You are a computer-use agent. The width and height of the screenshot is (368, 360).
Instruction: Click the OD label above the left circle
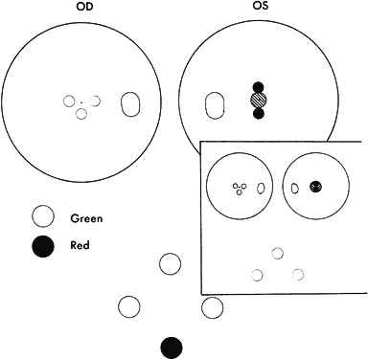click(84, 7)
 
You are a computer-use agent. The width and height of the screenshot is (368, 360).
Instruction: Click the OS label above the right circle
click(259, 6)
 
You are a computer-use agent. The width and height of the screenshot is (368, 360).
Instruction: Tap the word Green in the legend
click(86, 218)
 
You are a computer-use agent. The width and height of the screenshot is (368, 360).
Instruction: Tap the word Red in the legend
click(80, 245)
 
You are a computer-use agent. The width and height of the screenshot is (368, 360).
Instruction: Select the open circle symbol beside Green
click(43, 216)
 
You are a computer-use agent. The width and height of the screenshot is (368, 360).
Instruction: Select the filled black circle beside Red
click(43, 246)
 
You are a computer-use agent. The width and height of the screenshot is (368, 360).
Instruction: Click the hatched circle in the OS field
click(258, 101)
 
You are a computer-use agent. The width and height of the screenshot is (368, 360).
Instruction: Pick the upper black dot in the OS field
click(258, 87)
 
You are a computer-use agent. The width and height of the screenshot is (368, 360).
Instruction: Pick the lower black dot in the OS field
click(258, 114)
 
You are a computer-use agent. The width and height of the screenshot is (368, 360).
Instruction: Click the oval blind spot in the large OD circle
click(130, 104)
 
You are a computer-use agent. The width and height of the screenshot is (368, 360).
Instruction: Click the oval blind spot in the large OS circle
click(215, 105)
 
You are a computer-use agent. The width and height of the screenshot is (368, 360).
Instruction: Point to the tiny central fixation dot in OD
click(81, 102)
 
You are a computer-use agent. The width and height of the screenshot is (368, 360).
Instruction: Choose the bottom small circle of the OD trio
click(81, 114)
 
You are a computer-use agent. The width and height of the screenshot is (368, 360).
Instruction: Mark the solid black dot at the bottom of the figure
click(172, 348)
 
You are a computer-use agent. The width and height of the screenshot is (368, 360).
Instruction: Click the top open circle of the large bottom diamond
click(170, 264)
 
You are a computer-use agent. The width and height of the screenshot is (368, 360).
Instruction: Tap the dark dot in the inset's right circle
click(315, 187)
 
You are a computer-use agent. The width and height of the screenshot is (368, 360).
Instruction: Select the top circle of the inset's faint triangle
click(277, 253)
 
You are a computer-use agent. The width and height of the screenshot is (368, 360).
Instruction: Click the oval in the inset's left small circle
click(261, 189)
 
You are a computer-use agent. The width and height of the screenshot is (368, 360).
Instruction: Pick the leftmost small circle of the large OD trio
click(69, 101)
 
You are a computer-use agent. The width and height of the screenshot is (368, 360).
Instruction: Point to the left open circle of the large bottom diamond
click(128, 306)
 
